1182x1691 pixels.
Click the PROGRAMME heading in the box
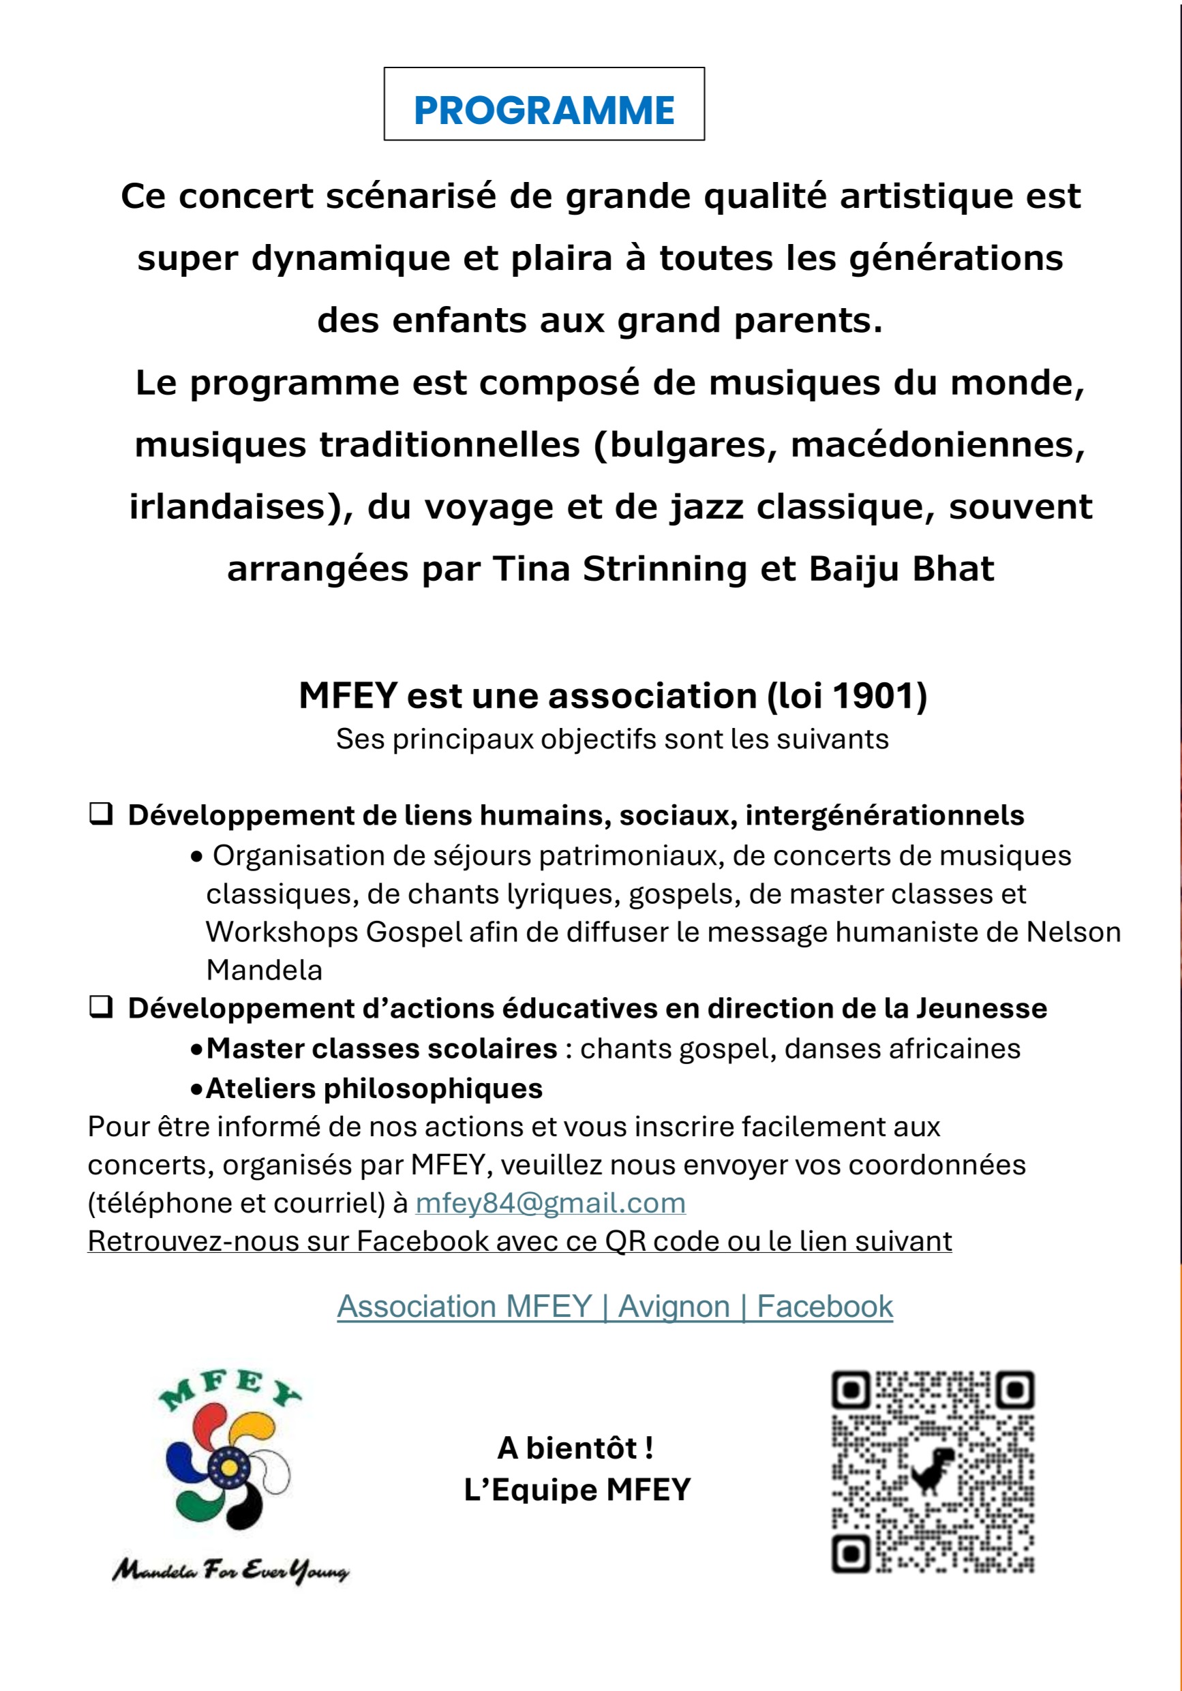[543, 110]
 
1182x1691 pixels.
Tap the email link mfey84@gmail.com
[550, 1203]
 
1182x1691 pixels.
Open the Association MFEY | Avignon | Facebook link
[614, 1306]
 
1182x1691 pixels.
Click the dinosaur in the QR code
[933, 1470]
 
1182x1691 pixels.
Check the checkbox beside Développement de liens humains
[101, 814]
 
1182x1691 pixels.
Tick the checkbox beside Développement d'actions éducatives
[101, 1007]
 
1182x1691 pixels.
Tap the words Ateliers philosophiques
[374, 1088]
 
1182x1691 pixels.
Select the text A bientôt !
[576, 1448]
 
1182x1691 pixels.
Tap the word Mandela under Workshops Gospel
[264, 970]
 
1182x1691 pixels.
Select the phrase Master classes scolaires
[382, 1048]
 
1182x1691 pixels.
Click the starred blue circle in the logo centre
[222, 1469]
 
